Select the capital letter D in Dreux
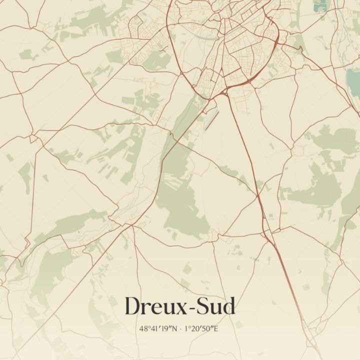[x=132, y=306]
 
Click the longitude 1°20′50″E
[x=201, y=329]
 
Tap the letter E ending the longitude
[x=216, y=329]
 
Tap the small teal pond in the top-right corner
[x=318, y=5]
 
